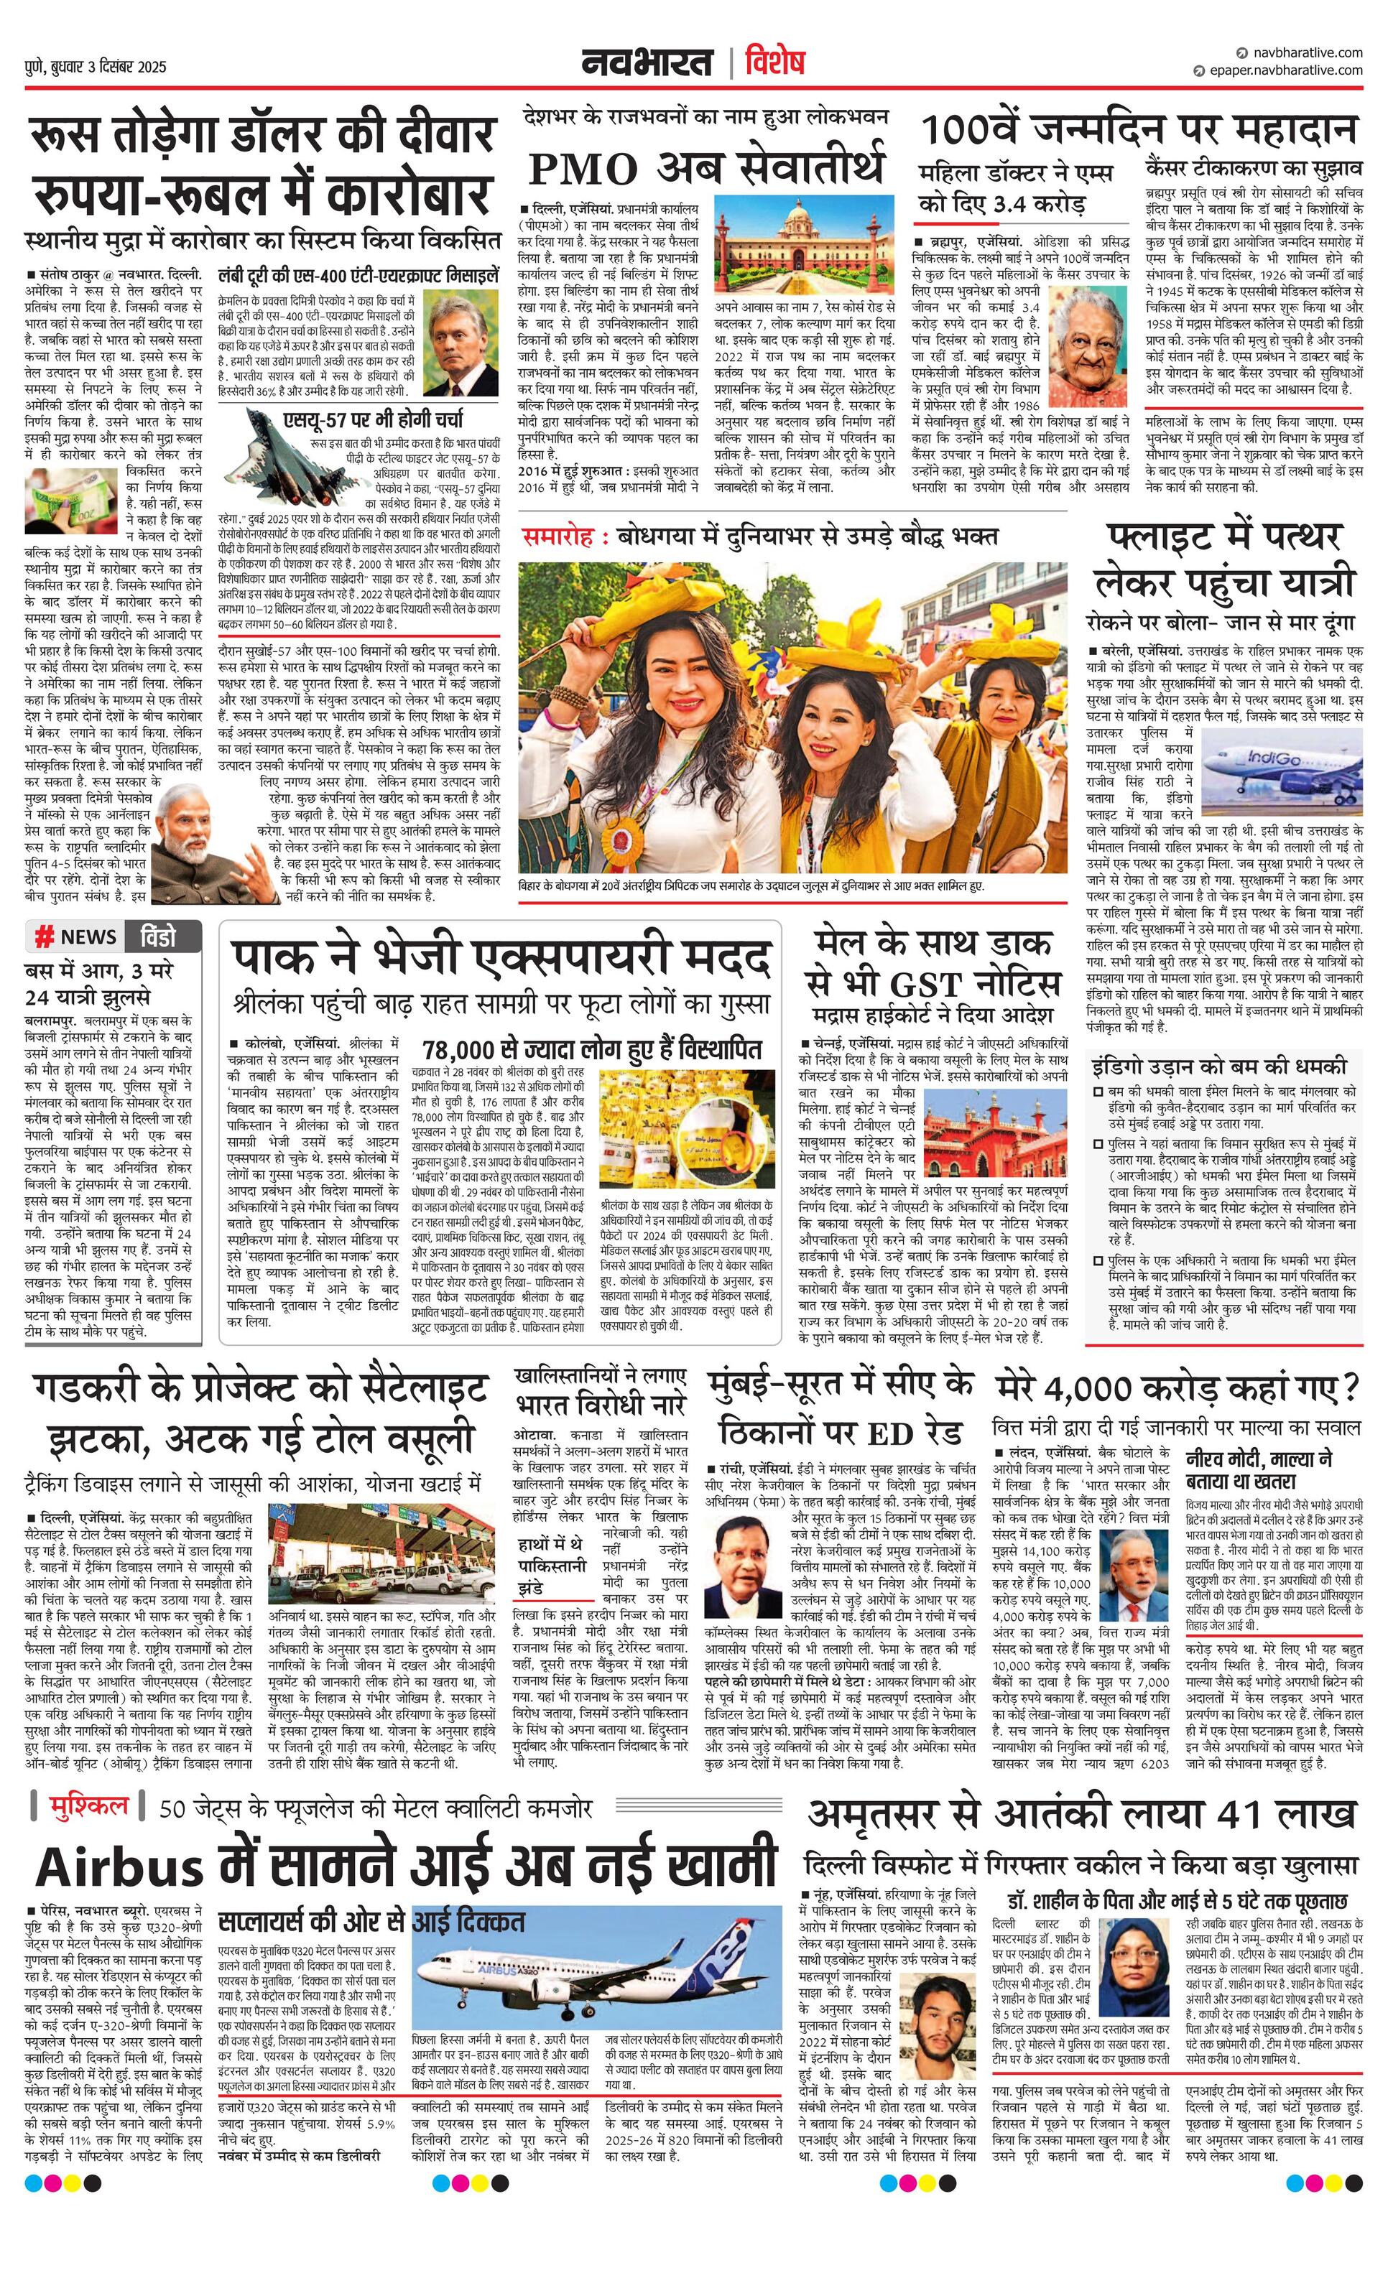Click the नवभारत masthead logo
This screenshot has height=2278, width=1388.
pyautogui.click(x=647, y=63)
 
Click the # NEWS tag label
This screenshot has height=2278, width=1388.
pyautogui.click(x=76, y=936)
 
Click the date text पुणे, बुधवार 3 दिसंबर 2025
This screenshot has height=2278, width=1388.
pyautogui.click(x=96, y=67)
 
